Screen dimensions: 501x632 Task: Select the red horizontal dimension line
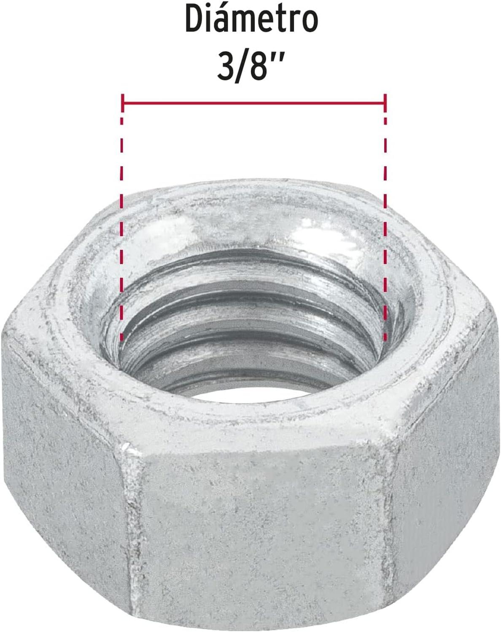[254, 103]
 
